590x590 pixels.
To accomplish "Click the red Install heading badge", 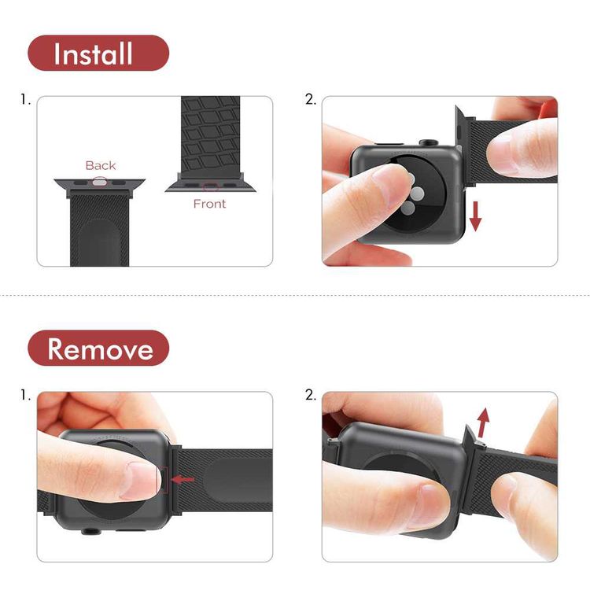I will [98, 53].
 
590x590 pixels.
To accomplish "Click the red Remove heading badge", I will [98, 348].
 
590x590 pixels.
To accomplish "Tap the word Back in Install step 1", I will [101, 165].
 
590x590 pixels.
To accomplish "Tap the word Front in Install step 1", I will [209, 204].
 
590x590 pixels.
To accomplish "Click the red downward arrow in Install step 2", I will [474, 216].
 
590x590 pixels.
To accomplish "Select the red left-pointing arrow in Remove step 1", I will [183, 478].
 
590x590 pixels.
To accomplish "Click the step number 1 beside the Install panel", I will [25, 100].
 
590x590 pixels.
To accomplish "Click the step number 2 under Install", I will [310, 100].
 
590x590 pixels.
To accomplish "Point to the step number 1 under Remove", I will [25, 395].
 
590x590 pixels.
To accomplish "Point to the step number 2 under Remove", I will [310, 395].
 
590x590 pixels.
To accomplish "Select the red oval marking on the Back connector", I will [100, 181].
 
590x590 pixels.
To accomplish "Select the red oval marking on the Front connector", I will [209, 187].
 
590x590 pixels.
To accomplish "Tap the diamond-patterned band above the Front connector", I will [210, 134].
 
